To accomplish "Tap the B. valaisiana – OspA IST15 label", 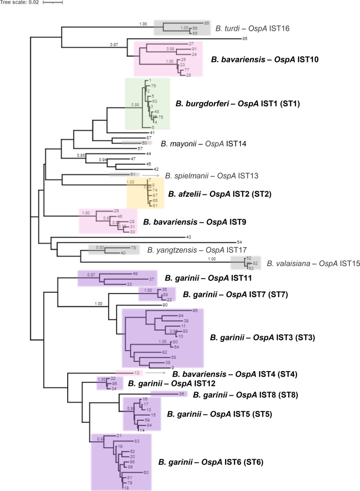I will tap(313, 264).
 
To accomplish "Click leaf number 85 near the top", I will tap(245, 38).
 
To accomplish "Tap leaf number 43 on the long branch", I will tap(188, 237).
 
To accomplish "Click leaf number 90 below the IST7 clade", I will tap(165, 305).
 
